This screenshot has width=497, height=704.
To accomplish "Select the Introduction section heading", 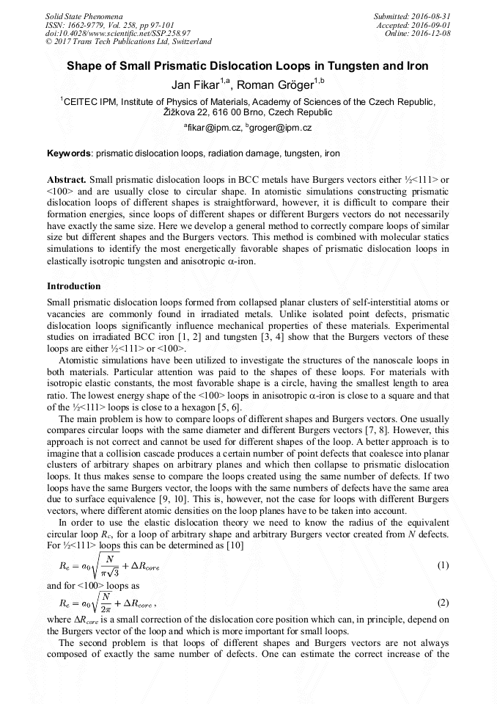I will point(74,286).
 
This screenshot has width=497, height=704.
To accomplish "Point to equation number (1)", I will point(442,565).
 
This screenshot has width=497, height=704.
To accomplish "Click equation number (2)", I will point(442,603).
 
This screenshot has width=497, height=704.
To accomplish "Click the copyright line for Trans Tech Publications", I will point(128,42).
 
